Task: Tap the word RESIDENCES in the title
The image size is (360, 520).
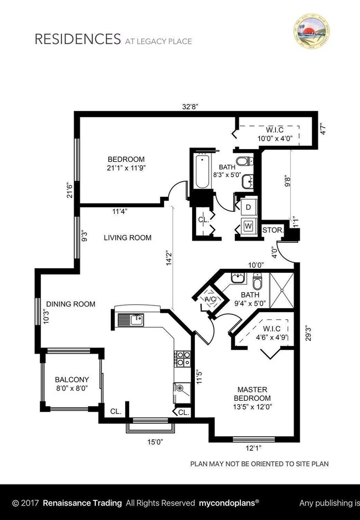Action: pyautogui.click(x=78, y=39)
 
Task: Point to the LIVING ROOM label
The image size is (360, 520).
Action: pyautogui.click(x=128, y=238)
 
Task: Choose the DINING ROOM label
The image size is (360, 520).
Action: pyautogui.click(x=71, y=304)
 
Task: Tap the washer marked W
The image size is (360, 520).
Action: pyautogui.click(x=248, y=226)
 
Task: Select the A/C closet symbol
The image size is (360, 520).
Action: pyautogui.click(x=210, y=299)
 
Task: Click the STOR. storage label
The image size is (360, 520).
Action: pyautogui.click(x=272, y=230)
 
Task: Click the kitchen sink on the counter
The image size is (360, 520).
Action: pyautogui.click(x=131, y=319)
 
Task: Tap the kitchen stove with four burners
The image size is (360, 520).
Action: pyautogui.click(x=182, y=359)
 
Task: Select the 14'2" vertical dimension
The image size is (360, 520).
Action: pyautogui.click(x=168, y=259)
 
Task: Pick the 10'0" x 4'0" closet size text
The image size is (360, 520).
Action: pyautogui.click(x=275, y=139)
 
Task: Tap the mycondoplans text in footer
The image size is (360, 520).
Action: pyautogui.click(x=229, y=503)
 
